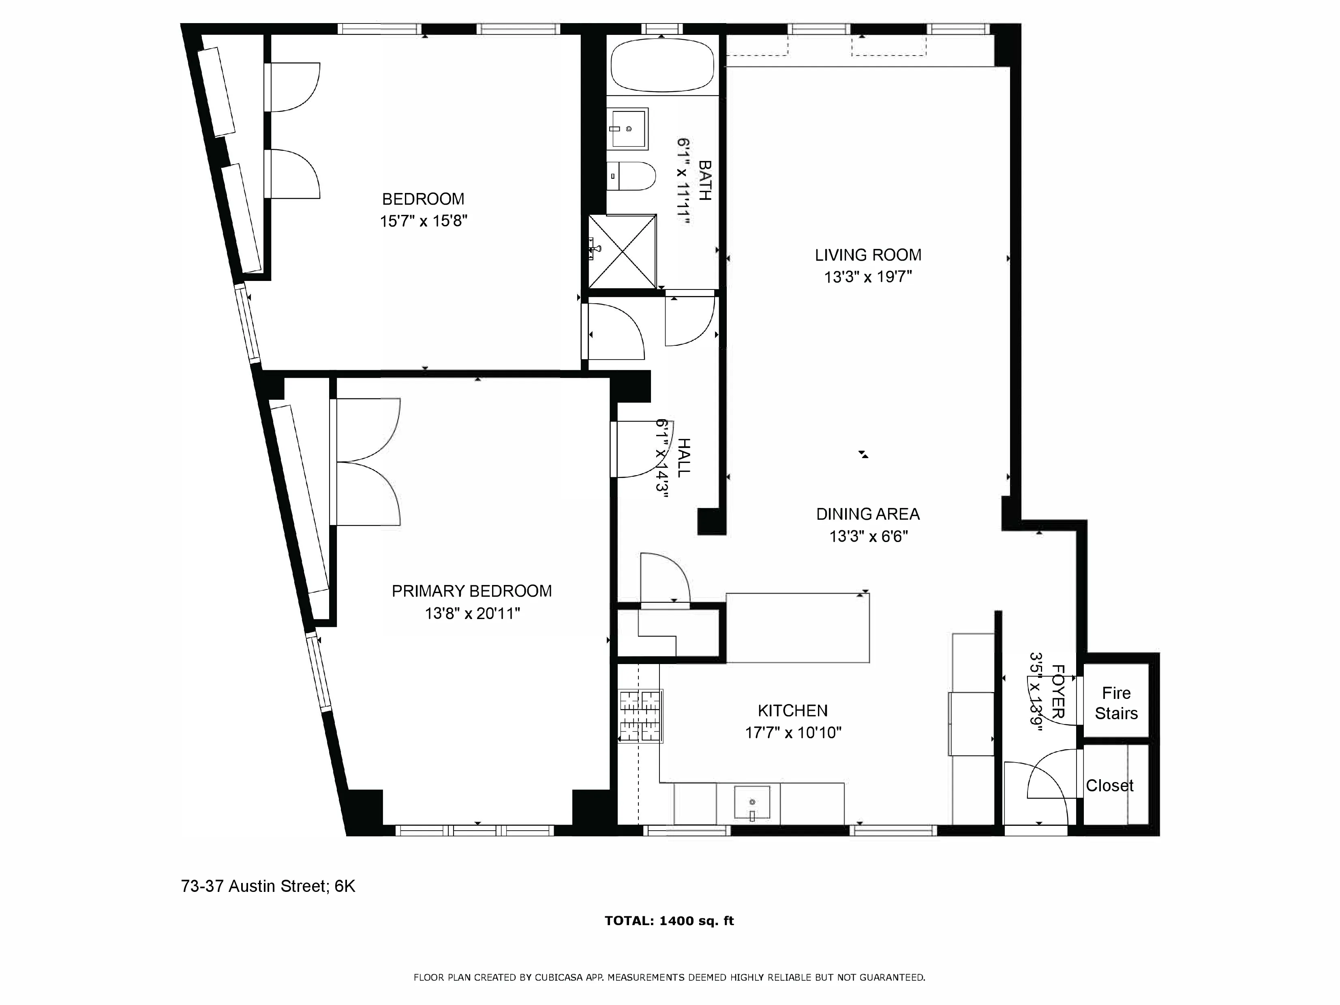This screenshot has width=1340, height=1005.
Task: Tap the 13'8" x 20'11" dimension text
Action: [x=472, y=614]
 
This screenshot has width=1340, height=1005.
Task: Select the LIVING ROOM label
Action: [x=867, y=255]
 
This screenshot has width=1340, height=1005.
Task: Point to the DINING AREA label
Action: [x=867, y=514]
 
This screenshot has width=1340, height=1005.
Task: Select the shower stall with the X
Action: [x=622, y=251]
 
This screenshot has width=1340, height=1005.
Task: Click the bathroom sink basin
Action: [x=629, y=129]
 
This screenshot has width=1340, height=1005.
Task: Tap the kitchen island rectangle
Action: [x=797, y=628]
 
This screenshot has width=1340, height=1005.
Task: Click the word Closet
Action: [x=1109, y=786]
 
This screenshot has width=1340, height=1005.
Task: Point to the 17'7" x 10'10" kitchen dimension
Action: [x=793, y=733]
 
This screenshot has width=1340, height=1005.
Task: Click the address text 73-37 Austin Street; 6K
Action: [x=268, y=886]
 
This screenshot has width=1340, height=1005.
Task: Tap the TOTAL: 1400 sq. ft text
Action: [x=669, y=921]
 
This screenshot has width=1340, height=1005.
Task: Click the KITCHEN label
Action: [x=792, y=711]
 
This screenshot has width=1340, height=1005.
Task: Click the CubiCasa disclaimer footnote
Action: [x=669, y=977]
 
